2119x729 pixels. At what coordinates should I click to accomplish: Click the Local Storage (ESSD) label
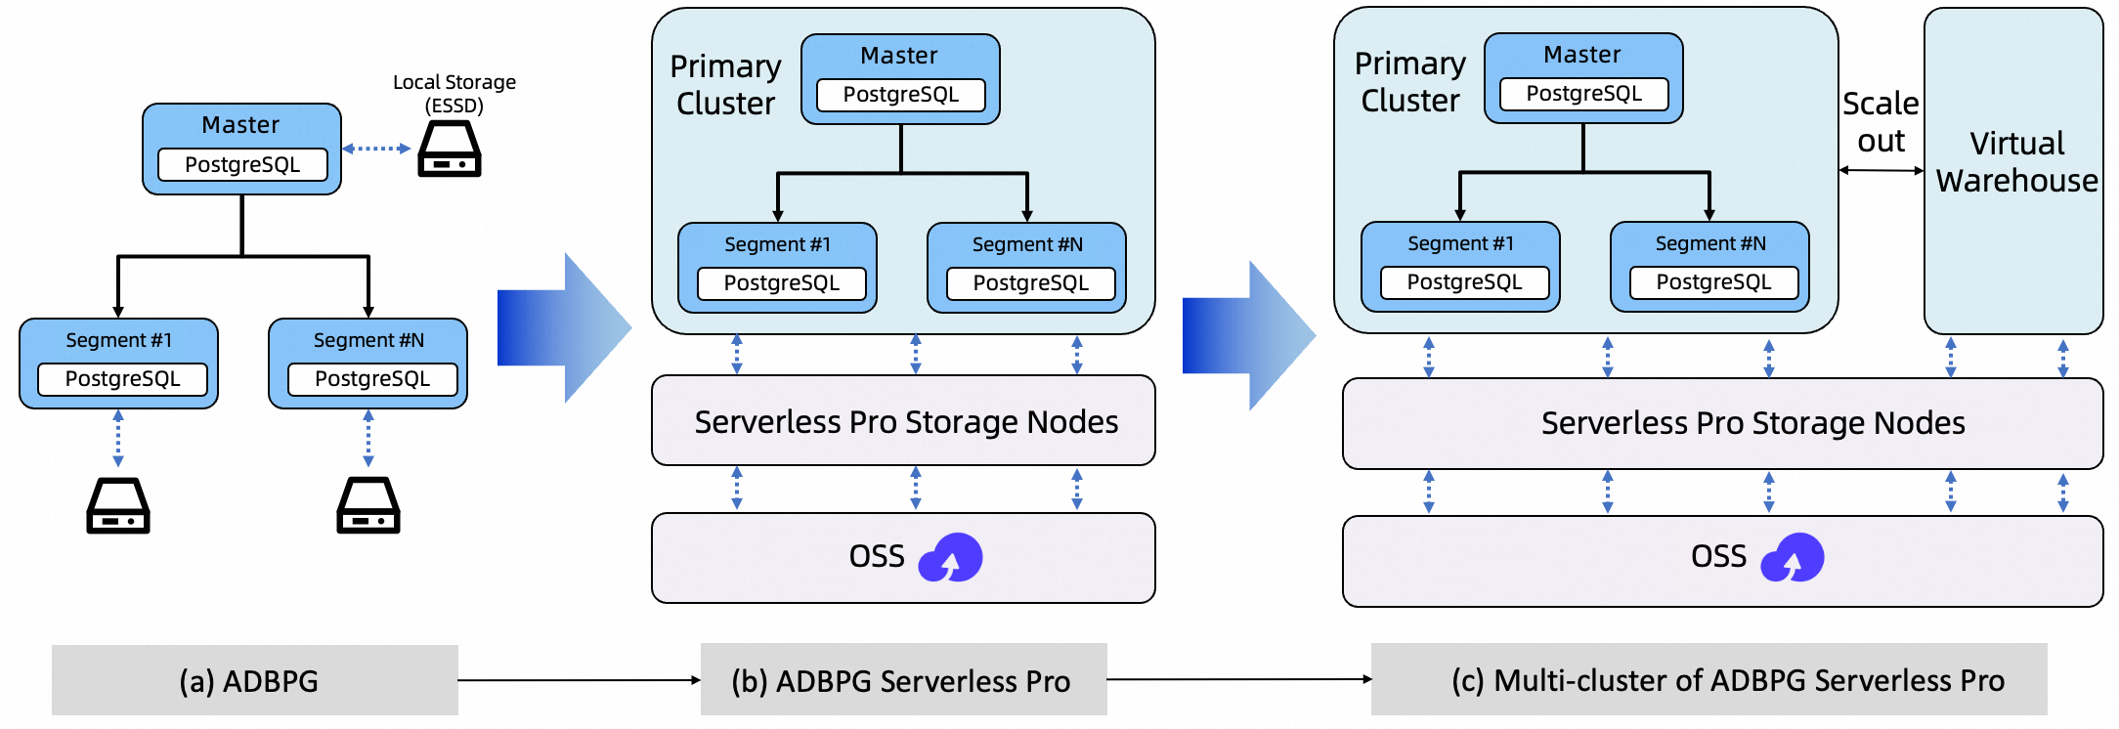454,94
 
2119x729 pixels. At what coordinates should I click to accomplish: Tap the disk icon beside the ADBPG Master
450,149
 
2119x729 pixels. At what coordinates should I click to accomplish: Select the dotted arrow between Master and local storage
376,149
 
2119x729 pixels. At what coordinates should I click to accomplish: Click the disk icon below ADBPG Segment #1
118,505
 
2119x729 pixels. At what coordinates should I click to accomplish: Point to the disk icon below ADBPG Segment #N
368,505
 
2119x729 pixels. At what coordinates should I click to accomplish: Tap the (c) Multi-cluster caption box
1709,680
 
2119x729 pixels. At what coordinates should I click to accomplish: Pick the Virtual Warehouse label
2016,162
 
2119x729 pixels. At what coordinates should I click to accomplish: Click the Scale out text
1881,122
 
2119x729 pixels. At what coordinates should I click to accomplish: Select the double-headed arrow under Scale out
1881,170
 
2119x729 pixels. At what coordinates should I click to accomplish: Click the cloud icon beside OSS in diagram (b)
950,557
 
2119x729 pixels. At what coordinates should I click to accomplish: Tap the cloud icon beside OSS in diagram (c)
1793,557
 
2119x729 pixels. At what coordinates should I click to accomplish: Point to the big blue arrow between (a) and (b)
564,328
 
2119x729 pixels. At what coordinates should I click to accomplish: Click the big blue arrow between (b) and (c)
1249,335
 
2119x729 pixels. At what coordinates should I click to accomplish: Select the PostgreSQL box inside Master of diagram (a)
242,164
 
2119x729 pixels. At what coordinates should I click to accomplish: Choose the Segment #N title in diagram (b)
1027,244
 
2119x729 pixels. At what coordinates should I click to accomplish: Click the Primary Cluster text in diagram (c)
1409,82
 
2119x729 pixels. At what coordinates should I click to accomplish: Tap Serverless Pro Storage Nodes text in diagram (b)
906,421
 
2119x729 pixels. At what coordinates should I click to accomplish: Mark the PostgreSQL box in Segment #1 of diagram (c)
1464,282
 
